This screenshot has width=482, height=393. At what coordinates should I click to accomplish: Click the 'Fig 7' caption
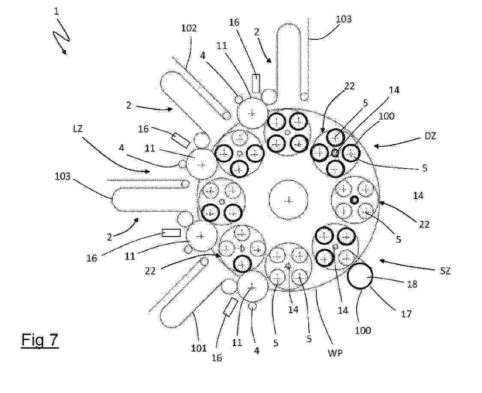click(x=40, y=340)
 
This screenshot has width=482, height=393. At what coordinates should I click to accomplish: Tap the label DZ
click(x=430, y=136)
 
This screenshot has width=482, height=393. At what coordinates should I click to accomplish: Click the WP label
click(x=335, y=353)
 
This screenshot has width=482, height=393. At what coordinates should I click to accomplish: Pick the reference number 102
click(x=189, y=28)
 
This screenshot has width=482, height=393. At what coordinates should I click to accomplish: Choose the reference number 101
click(x=199, y=348)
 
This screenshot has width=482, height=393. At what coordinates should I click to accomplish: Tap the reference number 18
click(x=412, y=284)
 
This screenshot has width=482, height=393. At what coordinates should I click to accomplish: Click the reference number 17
click(x=406, y=313)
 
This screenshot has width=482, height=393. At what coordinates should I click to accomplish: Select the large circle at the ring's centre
click(x=289, y=200)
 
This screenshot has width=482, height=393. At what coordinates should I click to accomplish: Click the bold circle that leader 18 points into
click(x=360, y=276)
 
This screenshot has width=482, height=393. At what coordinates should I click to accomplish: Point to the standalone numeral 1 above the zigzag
click(x=56, y=12)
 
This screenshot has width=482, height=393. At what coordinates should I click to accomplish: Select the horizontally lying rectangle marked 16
click(x=171, y=233)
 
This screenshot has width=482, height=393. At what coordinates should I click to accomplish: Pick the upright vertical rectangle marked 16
click(x=256, y=83)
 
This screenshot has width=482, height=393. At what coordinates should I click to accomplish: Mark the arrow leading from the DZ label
click(x=396, y=142)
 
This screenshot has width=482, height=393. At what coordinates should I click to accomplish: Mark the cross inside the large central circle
click(x=289, y=201)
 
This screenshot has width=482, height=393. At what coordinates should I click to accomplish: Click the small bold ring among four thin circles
click(x=354, y=200)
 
